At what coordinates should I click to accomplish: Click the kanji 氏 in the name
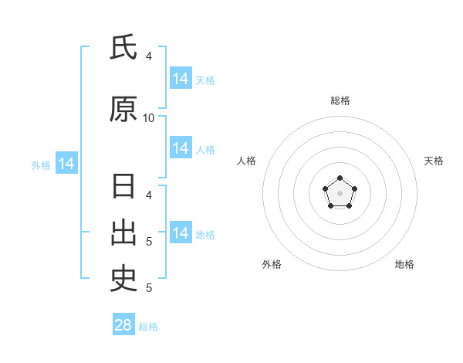click(x=123, y=46)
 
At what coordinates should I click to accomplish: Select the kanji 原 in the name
click(x=123, y=109)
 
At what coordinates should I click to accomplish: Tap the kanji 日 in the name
click(x=123, y=186)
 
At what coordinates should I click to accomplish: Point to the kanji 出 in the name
click(x=123, y=232)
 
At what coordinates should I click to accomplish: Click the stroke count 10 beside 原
click(x=148, y=118)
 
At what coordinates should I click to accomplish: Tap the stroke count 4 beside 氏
click(x=149, y=56)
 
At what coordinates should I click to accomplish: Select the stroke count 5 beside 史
click(x=149, y=288)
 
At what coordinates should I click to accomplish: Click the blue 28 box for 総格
click(x=123, y=324)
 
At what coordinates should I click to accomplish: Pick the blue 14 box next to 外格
click(x=66, y=163)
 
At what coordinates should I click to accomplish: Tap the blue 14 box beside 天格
click(x=181, y=78)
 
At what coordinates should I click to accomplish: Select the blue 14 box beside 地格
click(x=181, y=232)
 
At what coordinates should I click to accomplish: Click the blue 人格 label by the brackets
click(x=205, y=150)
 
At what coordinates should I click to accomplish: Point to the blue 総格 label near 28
click(x=148, y=327)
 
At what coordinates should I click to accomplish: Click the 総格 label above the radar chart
click(x=340, y=100)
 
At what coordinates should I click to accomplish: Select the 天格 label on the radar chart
click(x=434, y=161)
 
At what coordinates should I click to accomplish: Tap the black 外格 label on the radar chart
click(x=272, y=264)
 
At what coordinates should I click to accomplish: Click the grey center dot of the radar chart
click(x=340, y=193)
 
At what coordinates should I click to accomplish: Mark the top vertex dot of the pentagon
click(x=340, y=178)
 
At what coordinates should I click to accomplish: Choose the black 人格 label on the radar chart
click(x=246, y=161)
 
